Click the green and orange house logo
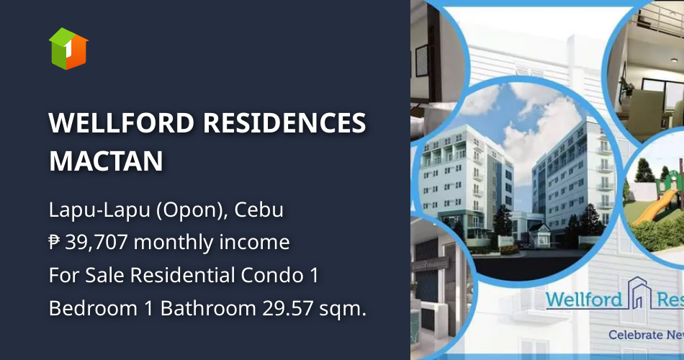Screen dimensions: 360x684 point(68,49)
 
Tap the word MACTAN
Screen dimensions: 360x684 point(106,161)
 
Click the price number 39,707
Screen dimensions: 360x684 point(96,243)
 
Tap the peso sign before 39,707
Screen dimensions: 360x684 point(55,243)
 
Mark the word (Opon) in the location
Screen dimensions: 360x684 point(180,211)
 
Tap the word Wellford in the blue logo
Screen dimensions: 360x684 point(583,299)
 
